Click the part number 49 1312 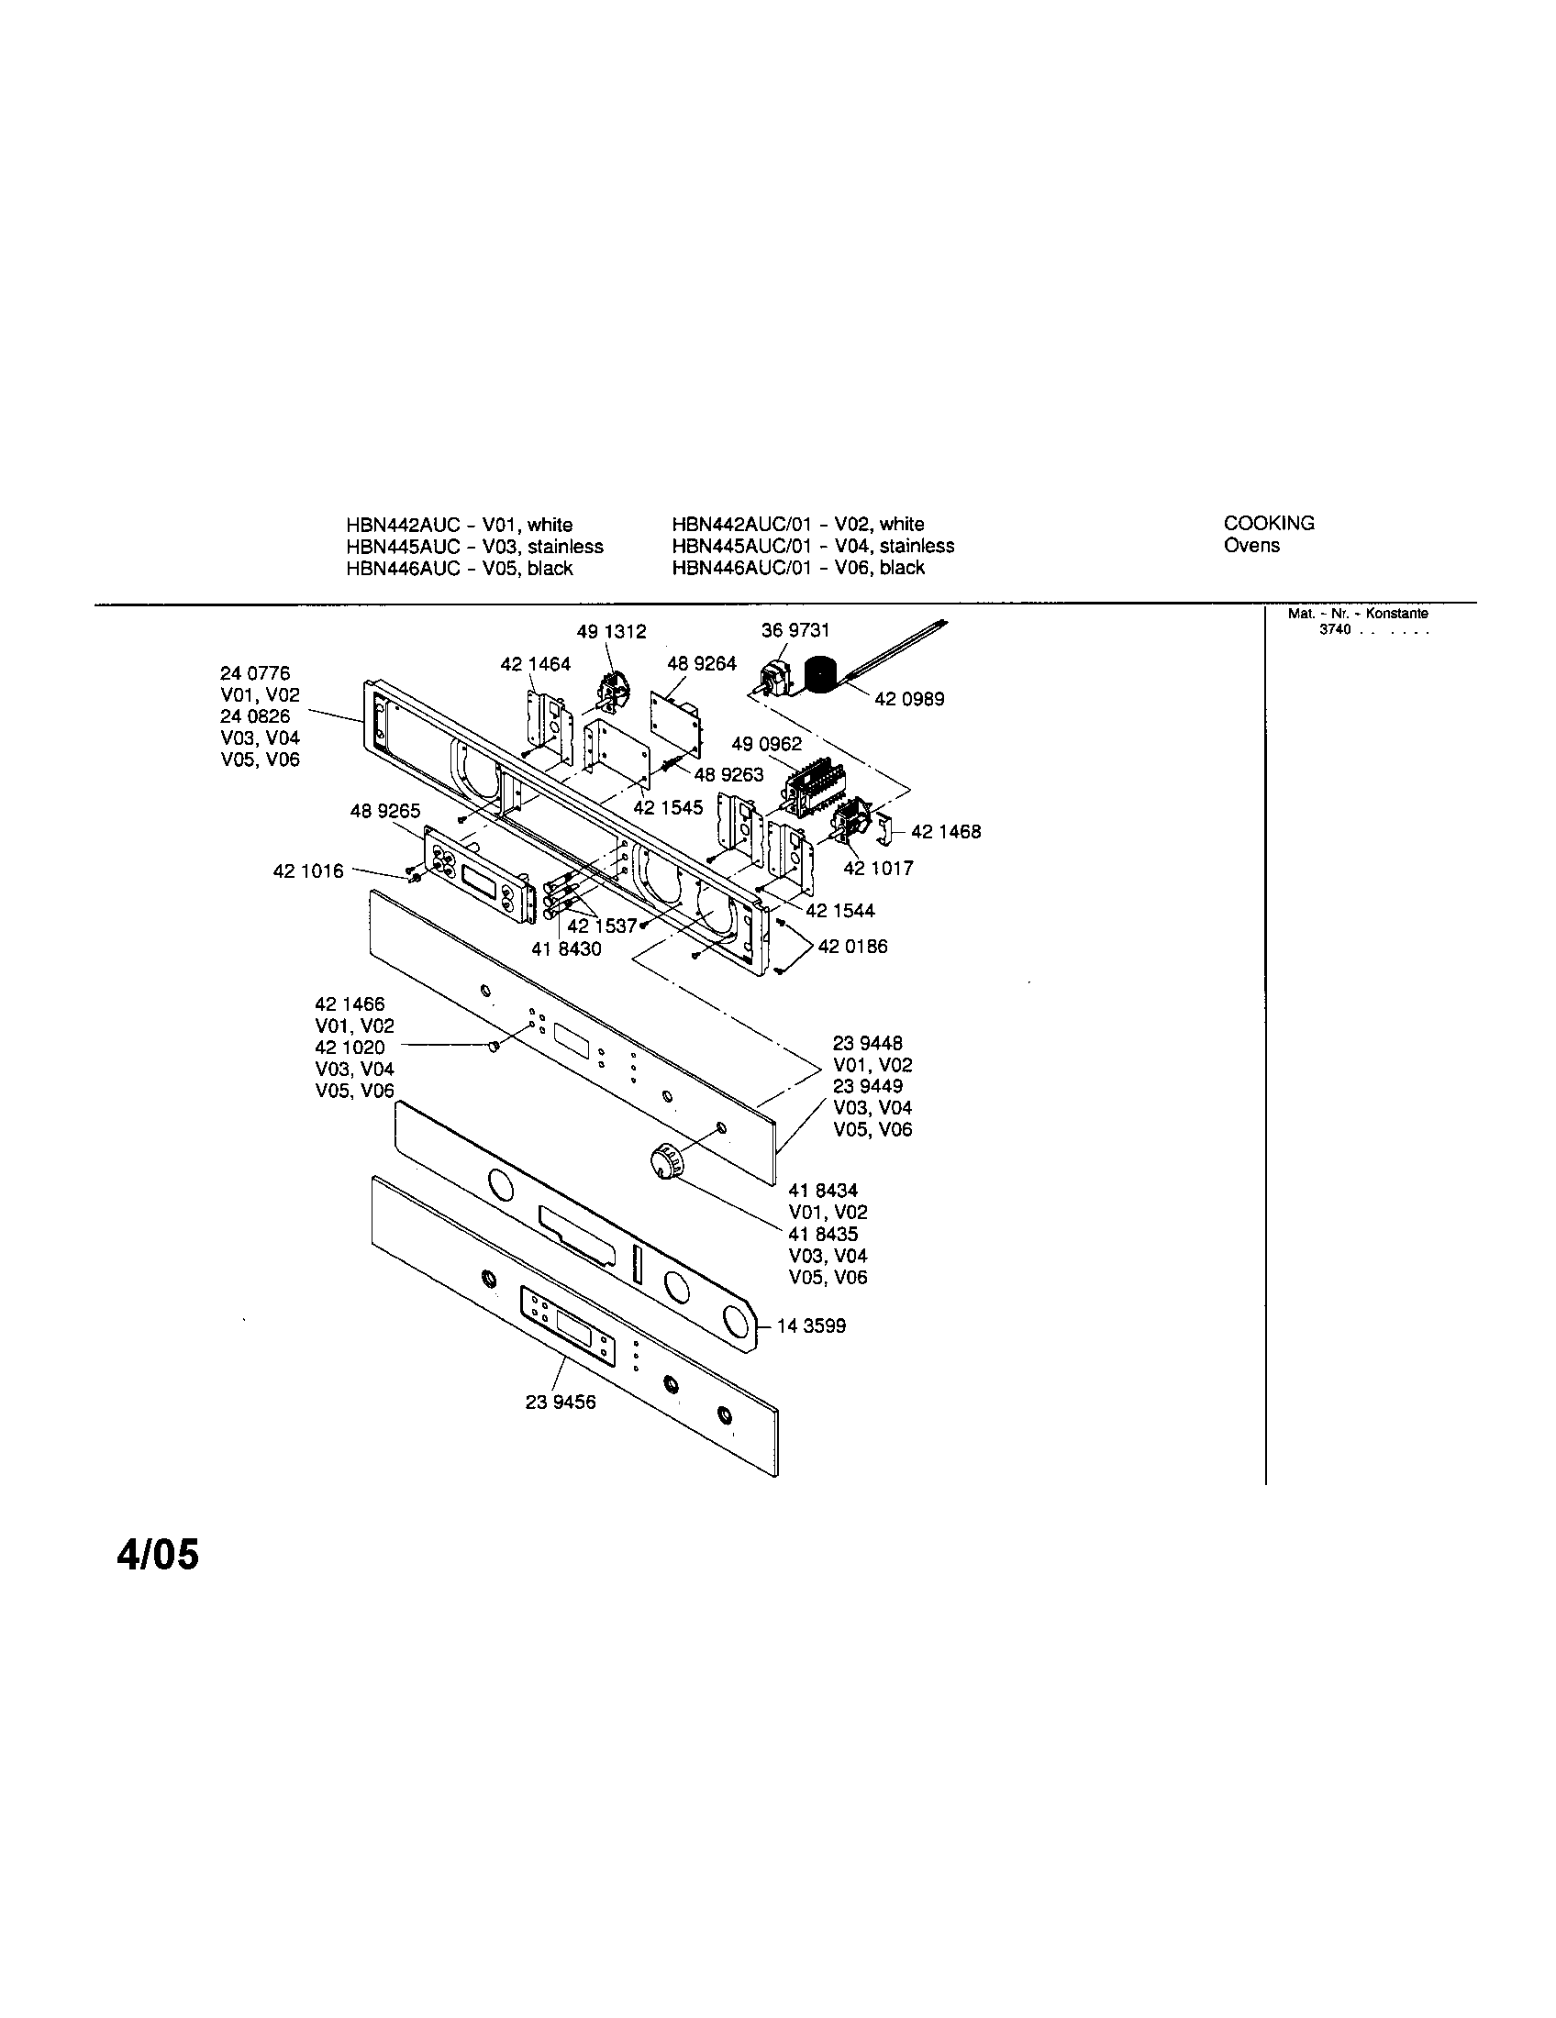611,632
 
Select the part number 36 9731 795,630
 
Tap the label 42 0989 909,700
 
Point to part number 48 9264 701,663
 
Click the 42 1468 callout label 946,832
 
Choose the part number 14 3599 811,1326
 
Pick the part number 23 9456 561,1402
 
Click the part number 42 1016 307,870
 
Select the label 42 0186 852,947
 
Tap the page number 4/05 158,1555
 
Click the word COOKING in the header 1269,523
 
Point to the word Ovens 1251,545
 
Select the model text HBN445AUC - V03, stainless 474,546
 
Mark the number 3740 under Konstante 1335,629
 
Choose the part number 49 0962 767,744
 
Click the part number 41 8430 566,948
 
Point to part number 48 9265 384,811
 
